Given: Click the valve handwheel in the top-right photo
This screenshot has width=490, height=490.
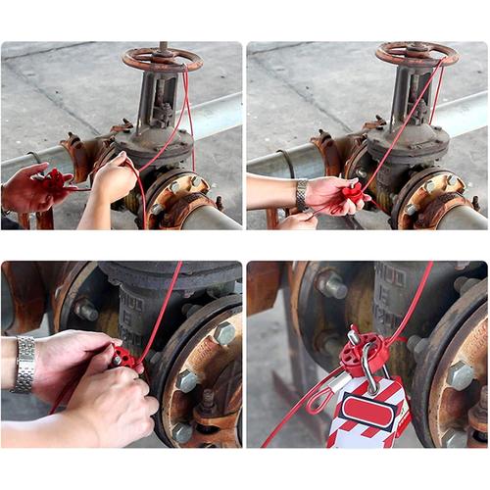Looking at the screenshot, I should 416,53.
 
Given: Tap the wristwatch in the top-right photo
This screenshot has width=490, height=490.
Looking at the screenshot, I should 302,193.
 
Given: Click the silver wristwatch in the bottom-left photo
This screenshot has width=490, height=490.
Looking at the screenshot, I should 24,364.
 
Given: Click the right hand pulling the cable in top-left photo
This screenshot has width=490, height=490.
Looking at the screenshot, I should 113,180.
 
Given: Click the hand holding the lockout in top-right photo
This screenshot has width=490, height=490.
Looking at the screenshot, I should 328,194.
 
